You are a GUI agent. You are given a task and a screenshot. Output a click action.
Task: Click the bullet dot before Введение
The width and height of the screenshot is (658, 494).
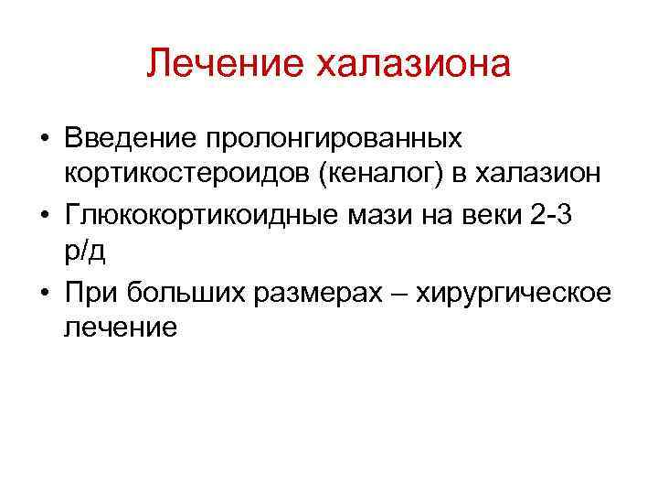43,140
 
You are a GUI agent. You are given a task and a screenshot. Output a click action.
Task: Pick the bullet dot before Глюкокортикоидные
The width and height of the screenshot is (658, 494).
43,217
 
